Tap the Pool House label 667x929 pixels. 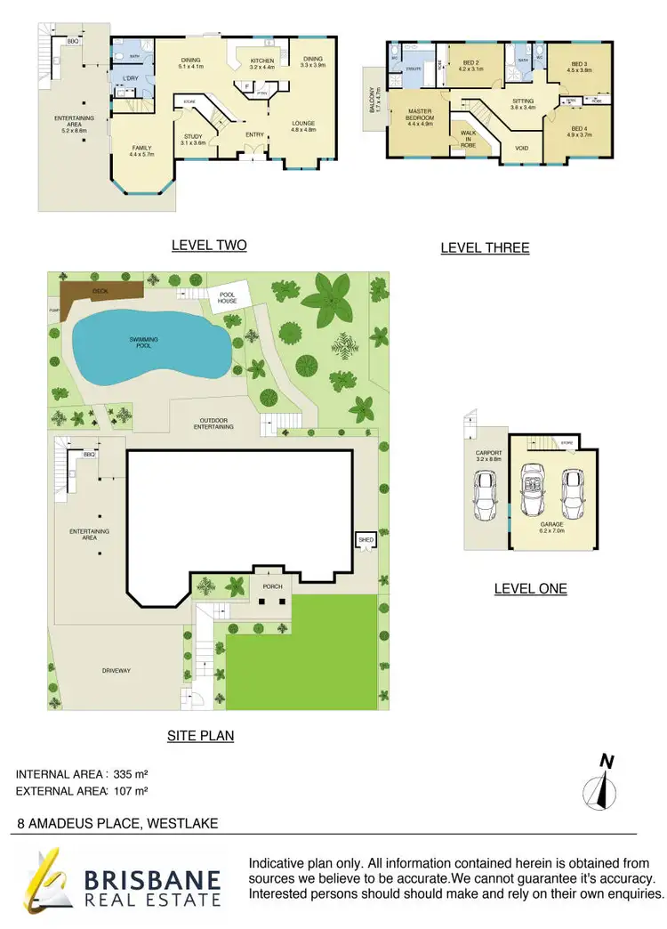click(x=220, y=298)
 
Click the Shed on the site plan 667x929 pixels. click(x=365, y=540)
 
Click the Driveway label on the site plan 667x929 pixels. click(x=116, y=670)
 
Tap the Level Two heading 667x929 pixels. click(x=209, y=246)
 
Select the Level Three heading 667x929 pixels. click(x=485, y=248)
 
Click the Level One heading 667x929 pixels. click(x=530, y=588)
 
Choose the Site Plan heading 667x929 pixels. click(x=200, y=736)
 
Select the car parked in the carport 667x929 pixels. click(x=486, y=496)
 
